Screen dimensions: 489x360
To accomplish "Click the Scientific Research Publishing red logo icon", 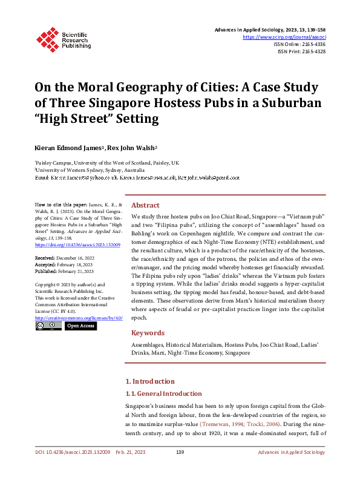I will pos(47,39).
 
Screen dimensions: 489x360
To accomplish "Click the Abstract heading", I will pos(145,205).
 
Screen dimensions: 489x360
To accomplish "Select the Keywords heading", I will pos(148,333).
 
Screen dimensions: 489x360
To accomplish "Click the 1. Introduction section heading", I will pos(149,381).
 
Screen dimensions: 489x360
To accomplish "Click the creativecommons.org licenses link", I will pos(79,318).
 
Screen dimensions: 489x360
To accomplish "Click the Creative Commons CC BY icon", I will pos(48,326).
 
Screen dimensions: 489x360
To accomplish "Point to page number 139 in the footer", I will pos(180,470).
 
